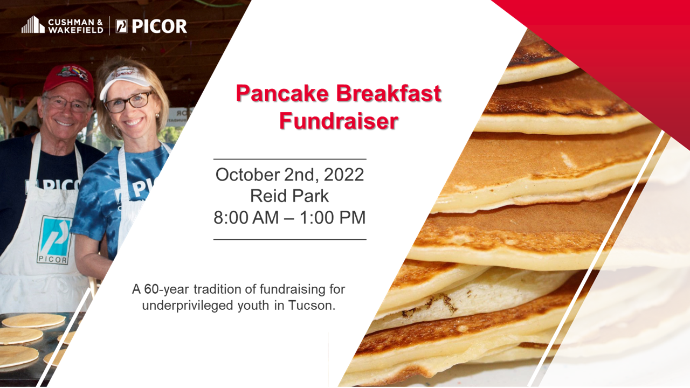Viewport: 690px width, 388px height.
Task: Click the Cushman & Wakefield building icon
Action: (x=33, y=25)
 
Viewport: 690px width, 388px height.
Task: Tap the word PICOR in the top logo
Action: (x=159, y=26)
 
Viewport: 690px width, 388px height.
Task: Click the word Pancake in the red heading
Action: (x=282, y=93)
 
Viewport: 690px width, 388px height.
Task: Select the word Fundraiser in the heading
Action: (x=339, y=121)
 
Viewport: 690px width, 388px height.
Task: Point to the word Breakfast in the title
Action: (x=389, y=93)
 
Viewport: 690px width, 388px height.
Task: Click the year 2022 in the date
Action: (x=344, y=175)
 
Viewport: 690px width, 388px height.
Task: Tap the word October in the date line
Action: (x=247, y=175)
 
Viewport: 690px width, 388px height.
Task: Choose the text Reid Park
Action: (x=289, y=196)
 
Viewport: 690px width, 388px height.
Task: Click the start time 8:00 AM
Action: (x=246, y=217)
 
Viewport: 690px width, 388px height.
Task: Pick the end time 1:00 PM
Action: (x=333, y=217)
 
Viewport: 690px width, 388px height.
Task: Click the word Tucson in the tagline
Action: (x=312, y=306)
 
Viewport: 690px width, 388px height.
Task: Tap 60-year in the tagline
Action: (x=167, y=289)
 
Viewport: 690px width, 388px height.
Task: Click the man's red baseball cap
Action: (x=70, y=80)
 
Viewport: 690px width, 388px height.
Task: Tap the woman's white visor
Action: (x=125, y=81)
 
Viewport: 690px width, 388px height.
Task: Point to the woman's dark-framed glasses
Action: (x=129, y=102)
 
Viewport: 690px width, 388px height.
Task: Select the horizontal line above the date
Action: (x=290, y=159)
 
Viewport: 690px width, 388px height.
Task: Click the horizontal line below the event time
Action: (x=290, y=239)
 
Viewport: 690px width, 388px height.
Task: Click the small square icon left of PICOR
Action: (x=122, y=26)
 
